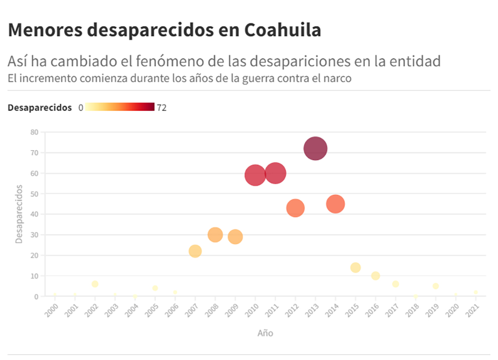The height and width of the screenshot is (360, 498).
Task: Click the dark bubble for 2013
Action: pyautogui.click(x=315, y=149)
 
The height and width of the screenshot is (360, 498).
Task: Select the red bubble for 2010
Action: pyautogui.click(x=255, y=175)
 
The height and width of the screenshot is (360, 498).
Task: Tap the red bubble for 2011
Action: pyautogui.click(x=275, y=173)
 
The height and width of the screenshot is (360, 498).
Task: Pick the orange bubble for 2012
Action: pyautogui.click(x=295, y=208)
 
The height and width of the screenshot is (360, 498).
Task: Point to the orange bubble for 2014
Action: pyautogui.click(x=335, y=204)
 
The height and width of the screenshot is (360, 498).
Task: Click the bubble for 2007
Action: pyautogui.click(x=195, y=251)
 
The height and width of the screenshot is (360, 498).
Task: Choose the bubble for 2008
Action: pyautogui.click(x=215, y=234)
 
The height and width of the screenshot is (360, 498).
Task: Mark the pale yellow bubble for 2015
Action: pyautogui.click(x=355, y=268)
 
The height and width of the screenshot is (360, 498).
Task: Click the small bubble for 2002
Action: pyautogui.click(x=95, y=284)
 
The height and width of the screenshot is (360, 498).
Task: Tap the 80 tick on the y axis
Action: pyautogui.click(x=34, y=132)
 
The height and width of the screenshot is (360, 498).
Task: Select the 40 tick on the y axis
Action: pyautogui.click(x=34, y=214)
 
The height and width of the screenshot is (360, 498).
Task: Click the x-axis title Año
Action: pyautogui.click(x=265, y=333)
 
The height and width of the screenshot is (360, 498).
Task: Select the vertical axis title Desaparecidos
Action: pyautogui.click(x=19, y=214)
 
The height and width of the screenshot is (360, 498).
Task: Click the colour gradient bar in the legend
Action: pyautogui.click(x=120, y=107)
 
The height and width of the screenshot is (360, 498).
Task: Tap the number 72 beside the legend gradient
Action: pyautogui.click(x=162, y=107)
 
